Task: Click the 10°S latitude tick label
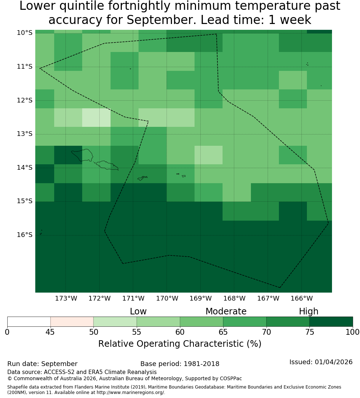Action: pyautogui.click(x=25, y=33)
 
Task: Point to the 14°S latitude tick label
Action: pyautogui.click(x=25, y=168)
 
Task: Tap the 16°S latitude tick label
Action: pyautogui.click(x=25, y=235)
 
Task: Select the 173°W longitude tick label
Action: pyautogui.click(x=66, y=298)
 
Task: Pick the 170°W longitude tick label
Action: pyautogui.click(x=167, y=298)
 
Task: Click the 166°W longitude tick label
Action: pyautogui.click(x=301, y=298)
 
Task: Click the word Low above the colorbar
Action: pyautogui.click(x=138, y=311)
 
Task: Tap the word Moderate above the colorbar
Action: pyautogui.click(x=226, y=311)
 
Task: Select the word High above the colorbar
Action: pyautogui.click(x=308, y=311)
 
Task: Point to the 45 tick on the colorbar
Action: pyautogui.click(x=50, y=332)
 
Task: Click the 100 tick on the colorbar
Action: pyautogui.click(x=353, y=332)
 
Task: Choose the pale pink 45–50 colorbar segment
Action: pyautogui.click(x=72, y=322)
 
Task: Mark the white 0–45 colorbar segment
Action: pyautogui.click(x=29, y=322)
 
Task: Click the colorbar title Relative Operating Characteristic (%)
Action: pyautogui.click(x=180, y=344)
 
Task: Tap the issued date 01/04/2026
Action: pyautogui.click(x=333, y=362)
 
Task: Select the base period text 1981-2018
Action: pyautogui.click(x=201, y=364)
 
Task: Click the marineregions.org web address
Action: pyautogui.click(x=131, y=393)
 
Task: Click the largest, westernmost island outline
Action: pyautogui.click(x=82, y=155)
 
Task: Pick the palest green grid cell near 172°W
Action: pyautogui.click(x=96, y=117)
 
